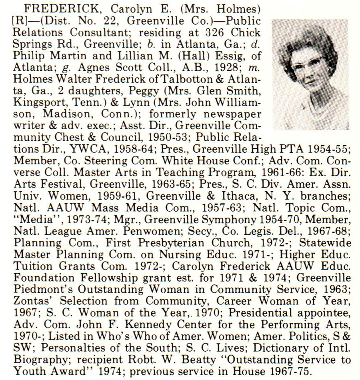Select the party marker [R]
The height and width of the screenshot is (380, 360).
20,20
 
